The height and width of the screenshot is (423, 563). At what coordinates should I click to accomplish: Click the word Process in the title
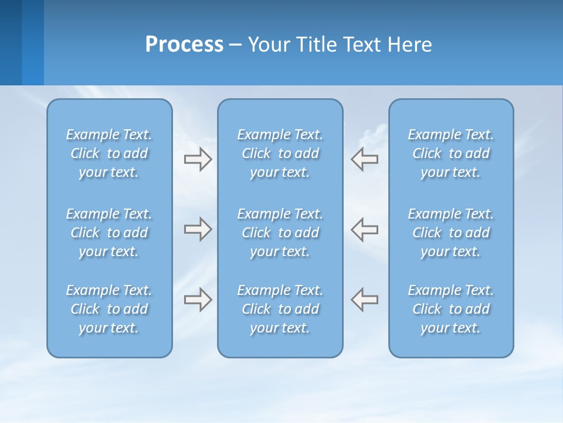pyautogui.click(x=184, y=45)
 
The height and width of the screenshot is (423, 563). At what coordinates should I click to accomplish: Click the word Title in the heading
pyautogui.click(x=316, y=45)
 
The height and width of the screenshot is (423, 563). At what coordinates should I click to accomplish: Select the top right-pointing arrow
pyautogui.click(x=198, y=159)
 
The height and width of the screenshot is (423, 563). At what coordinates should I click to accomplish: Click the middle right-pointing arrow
pyautogui.click(x=198, y=229)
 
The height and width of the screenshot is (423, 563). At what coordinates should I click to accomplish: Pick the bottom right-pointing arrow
pyautogui.click(x=198, y=300)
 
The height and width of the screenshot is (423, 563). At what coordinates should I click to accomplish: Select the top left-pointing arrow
pyautogui.click(x=365, y=159)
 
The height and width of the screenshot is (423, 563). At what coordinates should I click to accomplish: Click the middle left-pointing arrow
pyautogui.click(x=365, y=229)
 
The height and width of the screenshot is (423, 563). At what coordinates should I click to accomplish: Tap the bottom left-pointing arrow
pyautogui.click(x=365, y=300)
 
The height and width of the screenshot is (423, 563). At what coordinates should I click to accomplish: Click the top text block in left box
pyautogui.click(x=109, y=153)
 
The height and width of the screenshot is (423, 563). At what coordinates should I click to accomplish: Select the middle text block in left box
pyautogui.click(x=109, y=233)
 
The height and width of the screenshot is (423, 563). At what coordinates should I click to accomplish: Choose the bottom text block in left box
pyautogui.click(x=109, y=309)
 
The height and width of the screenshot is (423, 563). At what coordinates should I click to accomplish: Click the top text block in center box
pyautogui.click(x=280, y=153)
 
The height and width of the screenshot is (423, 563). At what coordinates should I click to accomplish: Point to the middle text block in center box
pyautogui.click(x=280, y=233)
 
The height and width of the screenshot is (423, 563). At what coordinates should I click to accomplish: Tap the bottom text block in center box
pyautogui.click(x=280, y=309)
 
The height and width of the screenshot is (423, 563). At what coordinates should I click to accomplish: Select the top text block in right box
pyautogui.click(x=451, y=153)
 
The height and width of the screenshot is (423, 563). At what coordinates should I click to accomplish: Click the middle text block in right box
pyautogui.click(x=451, y=233)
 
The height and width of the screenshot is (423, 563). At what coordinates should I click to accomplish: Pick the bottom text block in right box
pyautogui.click(x=451, y=309)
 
